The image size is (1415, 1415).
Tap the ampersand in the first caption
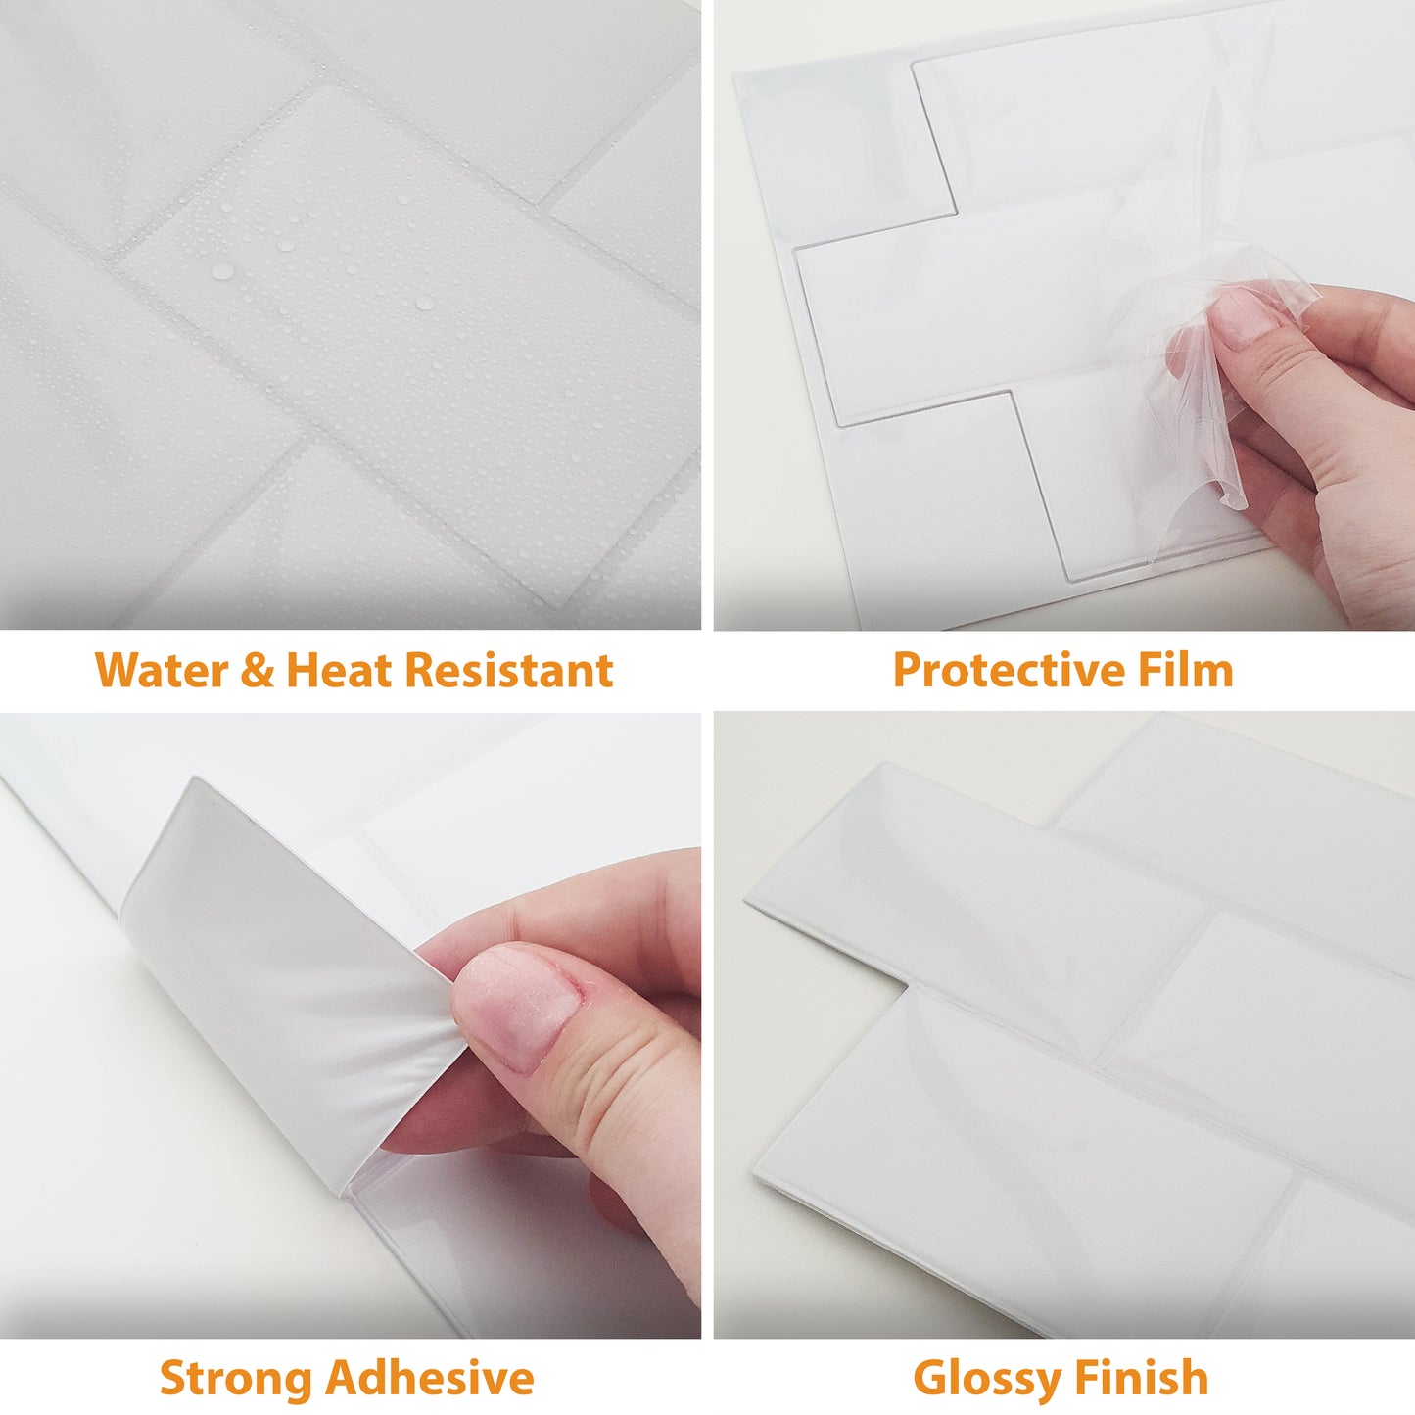[257, 671]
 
